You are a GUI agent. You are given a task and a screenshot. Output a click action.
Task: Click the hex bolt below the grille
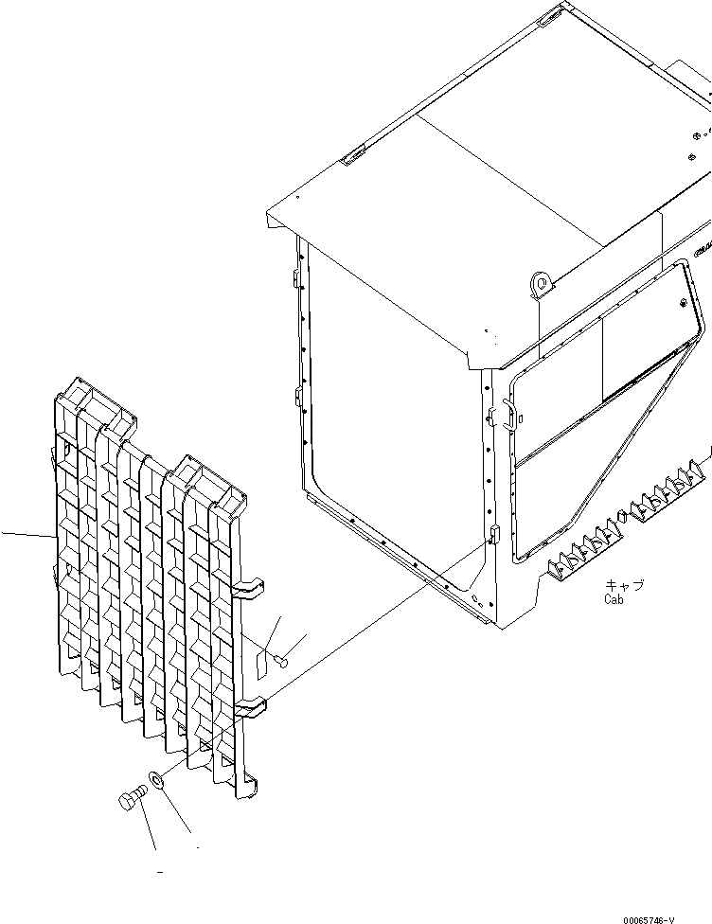point(131,802)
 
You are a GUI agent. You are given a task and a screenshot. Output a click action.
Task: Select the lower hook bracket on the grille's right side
point(249,704)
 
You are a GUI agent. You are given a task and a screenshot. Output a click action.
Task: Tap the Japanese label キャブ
point(624,586)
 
